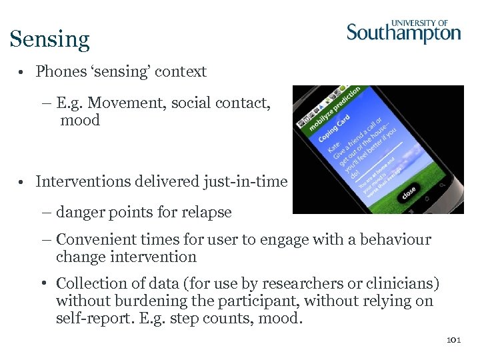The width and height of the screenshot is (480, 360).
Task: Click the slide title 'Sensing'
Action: pyautogui.click(x=49, y=39)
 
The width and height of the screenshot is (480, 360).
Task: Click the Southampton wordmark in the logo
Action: pyautogui.click(x=403, y=33)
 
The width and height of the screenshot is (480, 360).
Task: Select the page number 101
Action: pyautogui.click(x=453, y=340)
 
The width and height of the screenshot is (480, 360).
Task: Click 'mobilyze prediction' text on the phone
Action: pyautogui.click(x=333, y=107)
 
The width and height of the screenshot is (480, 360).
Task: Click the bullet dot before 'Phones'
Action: pyautogui.click(x=23, y=72)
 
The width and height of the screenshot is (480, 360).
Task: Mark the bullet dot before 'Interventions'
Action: pyautogui.click(x=23, y=182)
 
